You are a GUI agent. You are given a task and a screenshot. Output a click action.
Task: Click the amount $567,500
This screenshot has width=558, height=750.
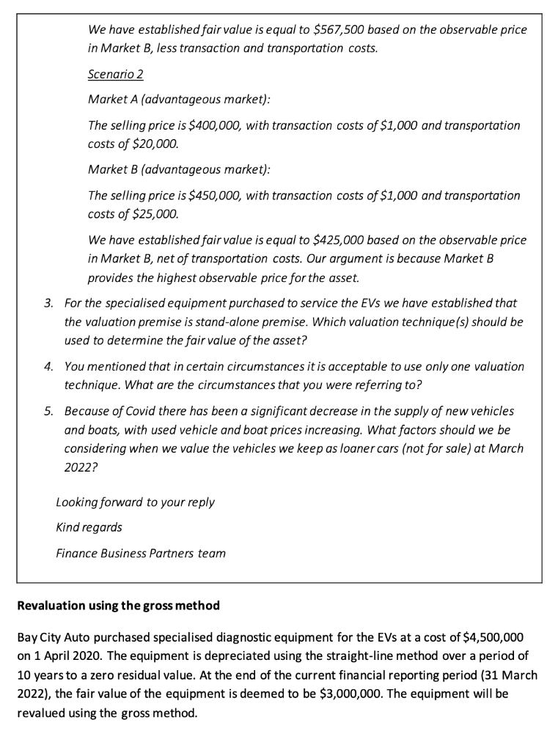click(338, 31)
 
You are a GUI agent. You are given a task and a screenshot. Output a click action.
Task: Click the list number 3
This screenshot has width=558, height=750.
click(48, 302)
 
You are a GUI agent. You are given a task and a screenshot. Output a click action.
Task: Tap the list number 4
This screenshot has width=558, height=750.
click(48, 366)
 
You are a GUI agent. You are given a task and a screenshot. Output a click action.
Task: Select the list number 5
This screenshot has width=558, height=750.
click(48, 411)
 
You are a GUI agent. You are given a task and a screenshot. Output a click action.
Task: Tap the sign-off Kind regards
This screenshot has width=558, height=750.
click(89, 527)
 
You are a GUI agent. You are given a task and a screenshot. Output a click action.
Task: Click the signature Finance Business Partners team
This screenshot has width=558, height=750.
click(141, 554)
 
